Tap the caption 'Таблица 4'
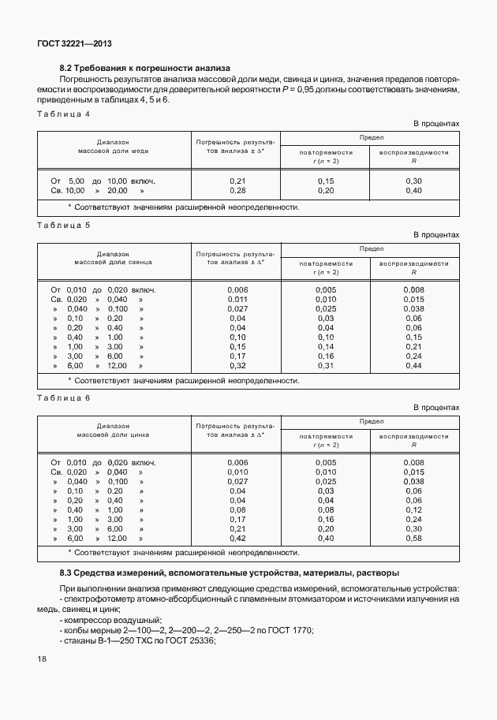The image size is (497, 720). (63, 114)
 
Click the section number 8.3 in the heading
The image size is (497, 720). (66, 572)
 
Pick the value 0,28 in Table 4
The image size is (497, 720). (237, 191)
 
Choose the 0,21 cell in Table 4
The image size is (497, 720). (237, 181)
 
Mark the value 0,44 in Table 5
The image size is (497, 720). (414, 366)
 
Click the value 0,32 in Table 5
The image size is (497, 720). (237, 366)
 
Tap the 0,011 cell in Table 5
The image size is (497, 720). (237, 300)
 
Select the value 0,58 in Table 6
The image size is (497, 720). (414, 538)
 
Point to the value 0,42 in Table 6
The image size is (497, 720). (237, 538)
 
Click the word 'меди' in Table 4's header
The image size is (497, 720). (140, 150)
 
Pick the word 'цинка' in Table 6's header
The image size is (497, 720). (139, 434)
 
